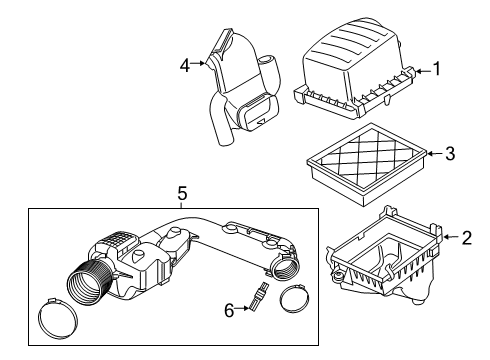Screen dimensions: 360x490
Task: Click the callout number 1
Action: click(x=435, y=70)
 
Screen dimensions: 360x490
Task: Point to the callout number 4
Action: click(x=185, y=66)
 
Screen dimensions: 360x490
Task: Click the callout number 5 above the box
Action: click(x=181, y=193)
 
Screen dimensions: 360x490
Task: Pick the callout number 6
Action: click(x=229, y=311)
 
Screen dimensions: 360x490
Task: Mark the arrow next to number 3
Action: click(x=434, y=153)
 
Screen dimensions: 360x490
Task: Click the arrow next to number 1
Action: click(x=420, y=70)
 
